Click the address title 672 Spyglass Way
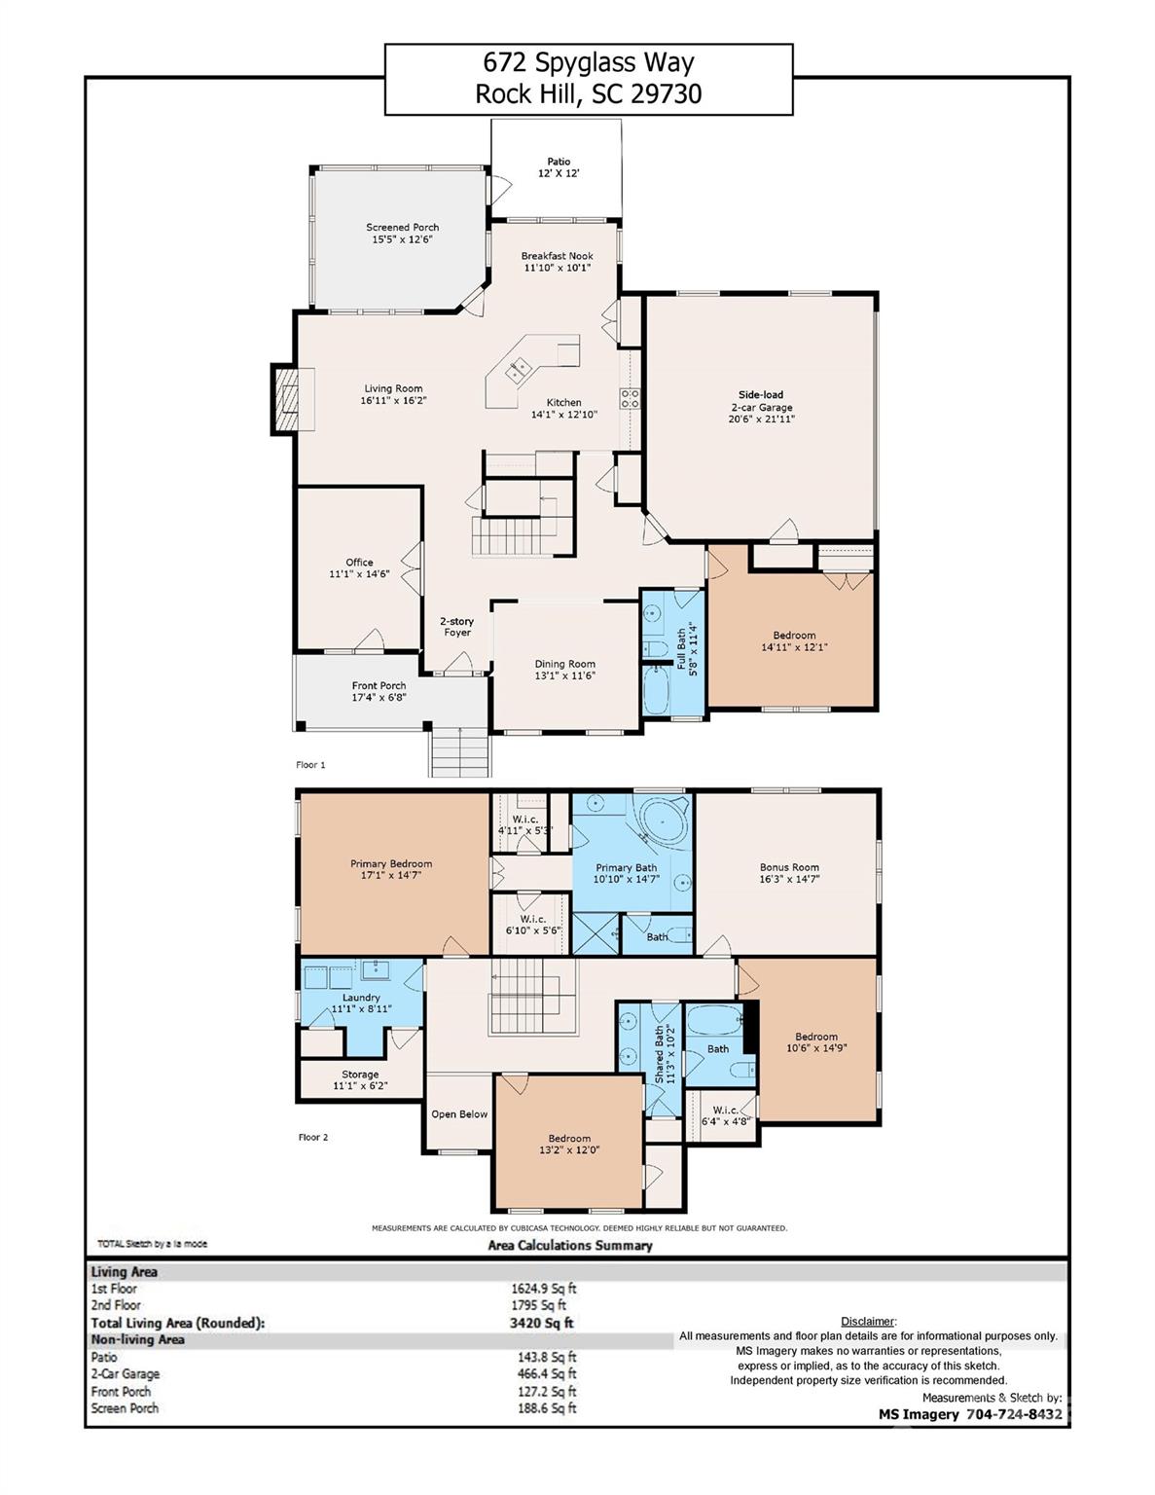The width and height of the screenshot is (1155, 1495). click(x=589, y=63)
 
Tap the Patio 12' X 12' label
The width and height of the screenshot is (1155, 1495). click(x=559, y=167)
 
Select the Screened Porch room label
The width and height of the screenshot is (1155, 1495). click(x=402, y=227)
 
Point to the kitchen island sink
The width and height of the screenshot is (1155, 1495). click(x=515, y=368)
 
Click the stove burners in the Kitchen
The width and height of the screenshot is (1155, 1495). click(x=630, y=397)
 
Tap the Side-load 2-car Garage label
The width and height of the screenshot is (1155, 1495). click(x=761, y=401)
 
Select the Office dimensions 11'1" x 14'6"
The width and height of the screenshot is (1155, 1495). click(x=359, y=574)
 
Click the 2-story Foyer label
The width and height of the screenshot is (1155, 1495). click(x=456, y=627)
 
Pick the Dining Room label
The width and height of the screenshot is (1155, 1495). click(x=564, y=665)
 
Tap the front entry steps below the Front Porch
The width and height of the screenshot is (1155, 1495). click(x=457, y=752)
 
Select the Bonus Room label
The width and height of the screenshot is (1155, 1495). click(x=789, y=867)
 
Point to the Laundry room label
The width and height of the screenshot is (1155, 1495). click(x=361, y=998)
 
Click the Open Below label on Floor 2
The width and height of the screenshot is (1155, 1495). click(x=459, y=1114)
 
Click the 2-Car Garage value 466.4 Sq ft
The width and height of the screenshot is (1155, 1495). click(x=537, y=1374)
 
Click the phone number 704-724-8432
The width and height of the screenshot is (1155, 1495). click(x=1015, y=1414)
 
